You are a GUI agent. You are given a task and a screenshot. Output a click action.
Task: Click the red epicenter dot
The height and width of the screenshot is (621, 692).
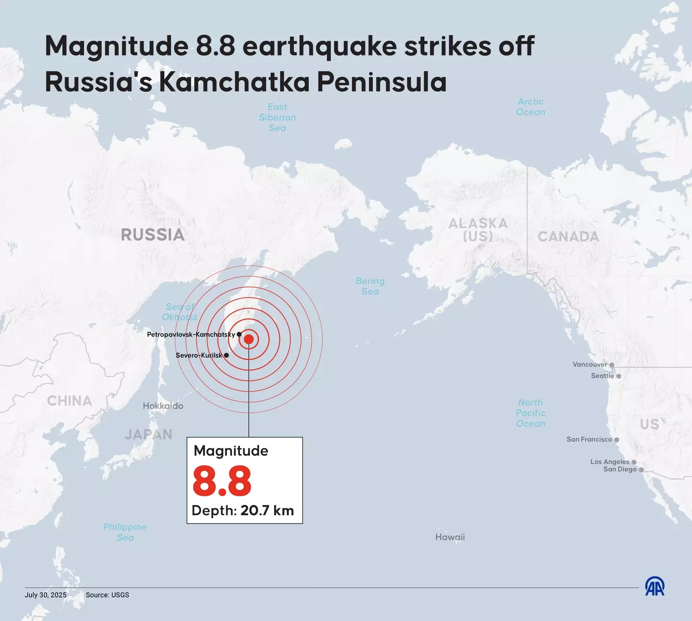point(248,339)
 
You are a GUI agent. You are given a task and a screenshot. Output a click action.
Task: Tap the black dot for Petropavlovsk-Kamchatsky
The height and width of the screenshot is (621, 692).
point(239,334)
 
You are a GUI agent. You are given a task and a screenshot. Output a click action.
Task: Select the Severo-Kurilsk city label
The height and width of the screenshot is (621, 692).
point(199,355)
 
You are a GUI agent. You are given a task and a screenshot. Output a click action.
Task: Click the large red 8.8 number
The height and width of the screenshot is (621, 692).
point(222,481)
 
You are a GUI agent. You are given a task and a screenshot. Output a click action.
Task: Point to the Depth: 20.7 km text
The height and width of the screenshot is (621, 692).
point(243,510)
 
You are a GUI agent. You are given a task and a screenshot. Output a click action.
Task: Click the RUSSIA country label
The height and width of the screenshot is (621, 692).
point(152,235)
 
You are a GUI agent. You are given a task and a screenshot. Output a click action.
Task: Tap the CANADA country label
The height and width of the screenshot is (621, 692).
point(568,236)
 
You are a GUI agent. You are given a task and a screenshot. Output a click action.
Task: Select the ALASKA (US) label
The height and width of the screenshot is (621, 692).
point(478,230)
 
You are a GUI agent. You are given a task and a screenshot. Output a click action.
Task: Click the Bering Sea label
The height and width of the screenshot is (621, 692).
point(370,286)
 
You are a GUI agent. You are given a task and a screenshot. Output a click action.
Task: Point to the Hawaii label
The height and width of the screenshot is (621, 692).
point(450,537)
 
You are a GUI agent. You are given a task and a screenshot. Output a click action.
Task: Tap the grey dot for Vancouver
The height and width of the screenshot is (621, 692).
point(612,365)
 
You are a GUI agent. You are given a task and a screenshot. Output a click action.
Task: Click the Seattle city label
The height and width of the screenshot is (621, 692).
point(602,376)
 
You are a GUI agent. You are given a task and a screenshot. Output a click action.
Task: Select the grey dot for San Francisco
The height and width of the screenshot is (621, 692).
point(617,440)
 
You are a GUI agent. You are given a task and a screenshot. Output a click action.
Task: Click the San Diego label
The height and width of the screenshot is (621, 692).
point(619,470)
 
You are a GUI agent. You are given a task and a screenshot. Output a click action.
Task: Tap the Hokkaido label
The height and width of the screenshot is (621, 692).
point(163,406)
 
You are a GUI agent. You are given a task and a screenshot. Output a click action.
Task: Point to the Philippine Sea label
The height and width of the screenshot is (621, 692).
point(125,532)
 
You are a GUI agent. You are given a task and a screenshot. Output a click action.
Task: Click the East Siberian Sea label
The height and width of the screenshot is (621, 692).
point(277,117)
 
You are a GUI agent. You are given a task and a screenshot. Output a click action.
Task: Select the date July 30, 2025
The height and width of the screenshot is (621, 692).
point(46,595)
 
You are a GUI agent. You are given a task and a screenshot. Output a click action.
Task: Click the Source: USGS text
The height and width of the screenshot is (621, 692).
point(107,595)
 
